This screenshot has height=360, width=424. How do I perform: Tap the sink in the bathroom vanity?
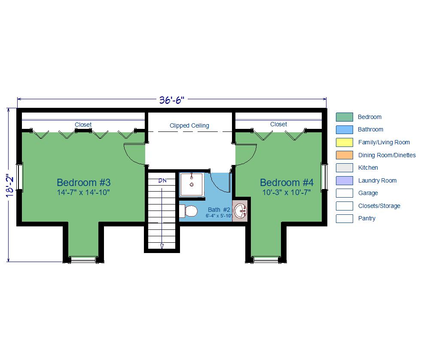(240, 211)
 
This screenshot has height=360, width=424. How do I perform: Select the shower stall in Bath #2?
(192, 184)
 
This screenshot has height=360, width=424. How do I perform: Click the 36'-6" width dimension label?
(171, 100)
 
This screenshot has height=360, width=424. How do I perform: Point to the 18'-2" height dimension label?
(10, 185)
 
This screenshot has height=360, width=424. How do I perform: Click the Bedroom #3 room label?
(84, 183)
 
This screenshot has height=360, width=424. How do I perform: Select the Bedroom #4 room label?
(287, 183)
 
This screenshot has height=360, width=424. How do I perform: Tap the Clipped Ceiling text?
(189, 125)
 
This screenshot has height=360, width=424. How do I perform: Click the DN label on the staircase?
(162, 180)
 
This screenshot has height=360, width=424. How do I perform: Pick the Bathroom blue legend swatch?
(344, 130)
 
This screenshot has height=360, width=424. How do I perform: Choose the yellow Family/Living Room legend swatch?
(344, 142)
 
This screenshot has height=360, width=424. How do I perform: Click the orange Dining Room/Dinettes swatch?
(344, 155)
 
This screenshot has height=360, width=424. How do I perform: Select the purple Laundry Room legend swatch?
(344, 180)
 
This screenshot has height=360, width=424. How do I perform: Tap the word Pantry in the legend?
(367, 219)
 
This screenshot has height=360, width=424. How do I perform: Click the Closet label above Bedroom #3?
(83, 125)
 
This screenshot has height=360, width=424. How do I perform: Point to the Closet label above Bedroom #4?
(278, 124)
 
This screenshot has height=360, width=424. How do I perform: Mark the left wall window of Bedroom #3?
(19, 177)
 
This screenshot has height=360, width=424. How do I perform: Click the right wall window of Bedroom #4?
(324, 177)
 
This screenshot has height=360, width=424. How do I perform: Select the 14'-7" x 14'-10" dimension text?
(83, 192)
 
